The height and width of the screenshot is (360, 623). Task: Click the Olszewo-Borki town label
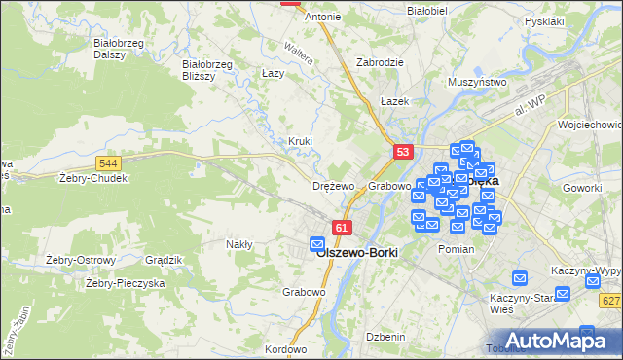click(357, 252)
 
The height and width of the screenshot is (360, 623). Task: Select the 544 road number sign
click(108, 164)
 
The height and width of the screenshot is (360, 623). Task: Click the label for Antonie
click(322, 17)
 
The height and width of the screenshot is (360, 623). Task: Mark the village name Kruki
click(300, 141)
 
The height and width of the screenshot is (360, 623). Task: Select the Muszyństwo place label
click(479, 83)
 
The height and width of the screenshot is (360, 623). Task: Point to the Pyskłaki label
click(544, 20)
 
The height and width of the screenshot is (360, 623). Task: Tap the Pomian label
click(456, 249)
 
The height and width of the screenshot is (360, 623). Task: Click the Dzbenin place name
click(385, 337)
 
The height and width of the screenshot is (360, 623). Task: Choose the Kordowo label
click(285, 349)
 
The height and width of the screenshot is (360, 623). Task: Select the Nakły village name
click(239, 244)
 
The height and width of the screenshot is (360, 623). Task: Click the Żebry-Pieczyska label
click(126, 283)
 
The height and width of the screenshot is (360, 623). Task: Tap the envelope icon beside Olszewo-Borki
click(317, 243)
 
